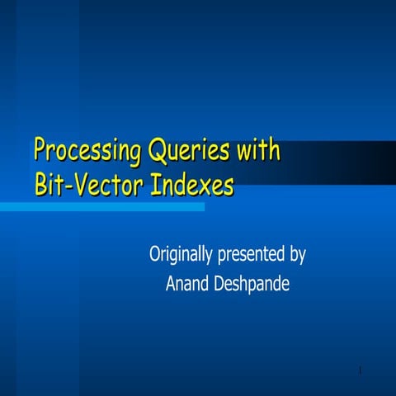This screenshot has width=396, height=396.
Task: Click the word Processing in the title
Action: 88,153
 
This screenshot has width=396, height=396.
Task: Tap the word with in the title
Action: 258,151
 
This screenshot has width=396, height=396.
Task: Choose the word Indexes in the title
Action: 191,183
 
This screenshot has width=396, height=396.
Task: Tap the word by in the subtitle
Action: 298,254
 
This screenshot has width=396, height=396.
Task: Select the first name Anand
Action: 189,285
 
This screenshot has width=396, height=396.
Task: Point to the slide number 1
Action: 361,372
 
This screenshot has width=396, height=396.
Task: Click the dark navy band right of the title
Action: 346,157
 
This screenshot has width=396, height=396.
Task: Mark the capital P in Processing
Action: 40,152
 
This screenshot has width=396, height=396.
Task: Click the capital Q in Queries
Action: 157,152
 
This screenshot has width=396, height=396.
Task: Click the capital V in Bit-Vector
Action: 79,182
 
